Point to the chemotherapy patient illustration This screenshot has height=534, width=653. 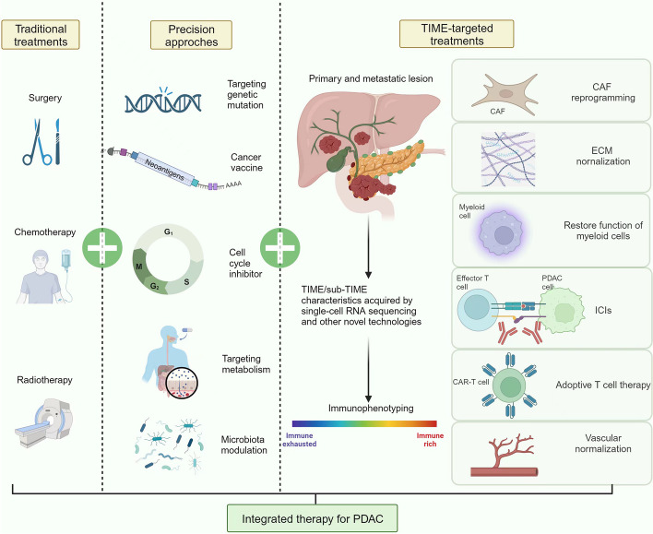click(x=45, y=267)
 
